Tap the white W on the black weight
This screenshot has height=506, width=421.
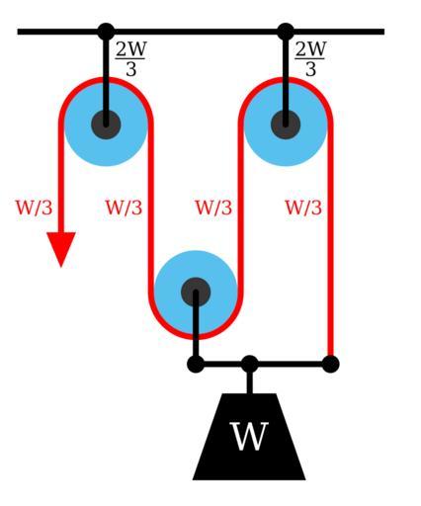click(249, 436)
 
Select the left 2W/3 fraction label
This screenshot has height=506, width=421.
click(130, 59)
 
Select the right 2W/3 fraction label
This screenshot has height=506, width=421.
click(310, 59)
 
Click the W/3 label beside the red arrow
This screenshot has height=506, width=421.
click(35, 208)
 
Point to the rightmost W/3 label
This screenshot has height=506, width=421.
click(303, 208)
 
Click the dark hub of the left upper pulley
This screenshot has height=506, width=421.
click(106, 125)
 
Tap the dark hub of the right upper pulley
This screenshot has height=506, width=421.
click(286, 125)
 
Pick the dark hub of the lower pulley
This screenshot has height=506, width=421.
click(196, 293)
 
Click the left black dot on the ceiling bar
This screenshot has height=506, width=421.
click(106, 32)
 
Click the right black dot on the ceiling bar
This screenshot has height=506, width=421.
click(286, 32)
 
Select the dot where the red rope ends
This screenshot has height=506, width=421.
click(330, 365)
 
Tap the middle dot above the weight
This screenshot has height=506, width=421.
click(250, 365)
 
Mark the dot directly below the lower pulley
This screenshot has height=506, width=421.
click(196, 365)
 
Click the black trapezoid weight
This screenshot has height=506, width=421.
click(249, 437)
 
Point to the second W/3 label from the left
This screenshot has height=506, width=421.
click(124, 208)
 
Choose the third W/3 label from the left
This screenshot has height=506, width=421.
click(213, 208)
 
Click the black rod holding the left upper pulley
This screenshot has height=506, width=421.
click(106, 79)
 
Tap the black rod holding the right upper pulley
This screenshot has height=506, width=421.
click(286, 79)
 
